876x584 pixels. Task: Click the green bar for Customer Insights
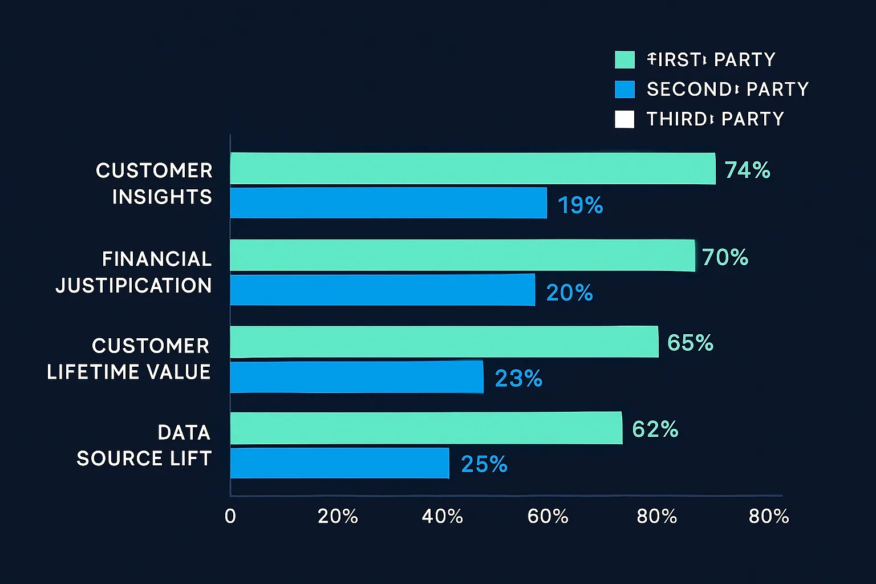(x=472, y=168)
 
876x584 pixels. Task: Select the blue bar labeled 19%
(x=388, y=203)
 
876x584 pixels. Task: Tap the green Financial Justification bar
(x=462, y=255)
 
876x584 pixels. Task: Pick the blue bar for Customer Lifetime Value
(x=356, y=377)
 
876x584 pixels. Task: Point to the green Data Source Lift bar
(x=425, y=428)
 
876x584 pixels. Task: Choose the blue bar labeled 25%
(x=339, y=463)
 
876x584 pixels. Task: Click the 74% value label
(x=747, y=170)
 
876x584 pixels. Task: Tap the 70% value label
(x=725, y=257)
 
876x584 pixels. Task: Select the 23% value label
(x=518, y=378)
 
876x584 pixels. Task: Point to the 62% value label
(x=655, y=429)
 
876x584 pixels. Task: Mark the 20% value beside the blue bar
(x=569, y=293)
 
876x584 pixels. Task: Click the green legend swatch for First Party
(x=624, y=60)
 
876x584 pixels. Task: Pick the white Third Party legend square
(x=624, y=119)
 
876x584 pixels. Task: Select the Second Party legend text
(x=727, y=90)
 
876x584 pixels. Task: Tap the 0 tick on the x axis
(x=230, y=516)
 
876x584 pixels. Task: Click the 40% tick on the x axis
(x=442, y=516)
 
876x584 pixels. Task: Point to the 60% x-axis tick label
(x=547, y=516)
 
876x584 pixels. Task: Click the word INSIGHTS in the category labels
(x=162, y=197)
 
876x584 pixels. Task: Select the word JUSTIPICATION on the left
(x=133, y=285)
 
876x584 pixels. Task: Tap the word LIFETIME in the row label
(x=85, y=372)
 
